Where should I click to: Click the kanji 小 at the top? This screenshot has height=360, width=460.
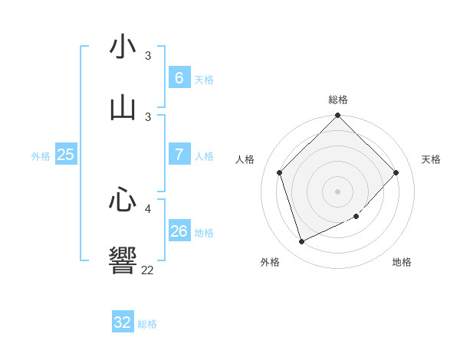123,47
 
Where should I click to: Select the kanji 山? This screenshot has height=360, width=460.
123,107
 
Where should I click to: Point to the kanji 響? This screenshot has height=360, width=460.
123,260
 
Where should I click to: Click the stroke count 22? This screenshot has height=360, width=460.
147,270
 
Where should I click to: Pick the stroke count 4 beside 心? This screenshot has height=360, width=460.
148,208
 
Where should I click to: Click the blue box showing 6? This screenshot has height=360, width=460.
179,78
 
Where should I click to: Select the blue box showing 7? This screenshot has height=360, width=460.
179,155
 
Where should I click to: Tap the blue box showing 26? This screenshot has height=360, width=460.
179,231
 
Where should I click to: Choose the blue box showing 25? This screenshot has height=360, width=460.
65,155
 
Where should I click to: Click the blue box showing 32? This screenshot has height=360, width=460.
123,322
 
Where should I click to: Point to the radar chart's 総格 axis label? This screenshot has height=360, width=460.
338,100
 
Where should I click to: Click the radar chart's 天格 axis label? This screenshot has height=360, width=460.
432,159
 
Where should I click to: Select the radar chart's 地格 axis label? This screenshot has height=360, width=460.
402,262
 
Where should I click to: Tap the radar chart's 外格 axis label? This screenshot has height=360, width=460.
270,262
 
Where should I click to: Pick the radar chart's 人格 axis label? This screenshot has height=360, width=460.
245,159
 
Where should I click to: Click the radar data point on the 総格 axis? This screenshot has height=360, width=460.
338,116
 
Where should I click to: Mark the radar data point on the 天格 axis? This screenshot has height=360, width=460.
396,172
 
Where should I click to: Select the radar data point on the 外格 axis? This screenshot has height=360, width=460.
301,242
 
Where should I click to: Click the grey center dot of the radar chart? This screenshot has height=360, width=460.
338,191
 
